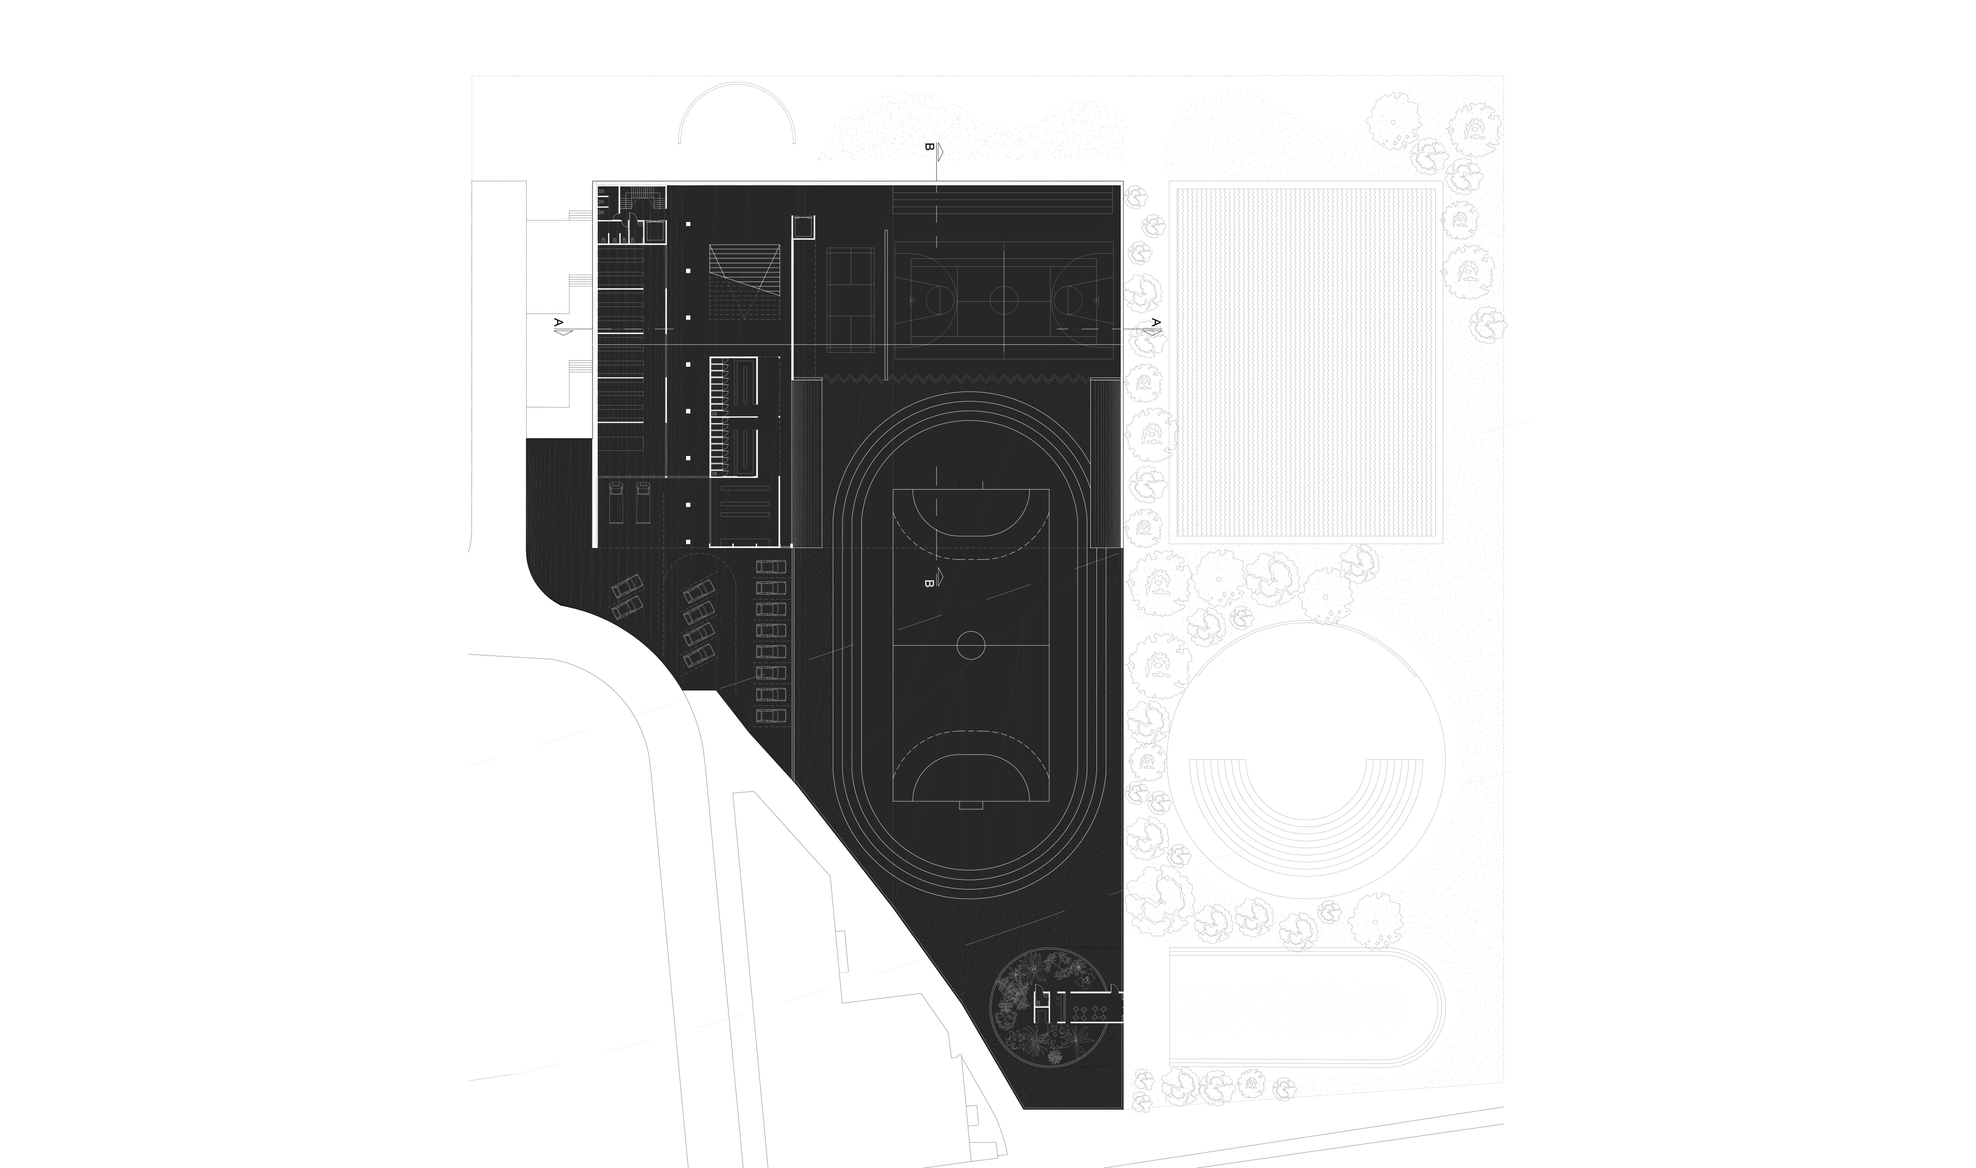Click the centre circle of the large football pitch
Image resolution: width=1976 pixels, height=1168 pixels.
pos(971,645)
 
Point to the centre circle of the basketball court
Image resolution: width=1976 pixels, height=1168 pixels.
pos(1004,301)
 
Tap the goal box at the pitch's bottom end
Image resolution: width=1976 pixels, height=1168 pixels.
pos(971,805)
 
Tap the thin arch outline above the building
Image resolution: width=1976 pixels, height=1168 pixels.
pos(737,110)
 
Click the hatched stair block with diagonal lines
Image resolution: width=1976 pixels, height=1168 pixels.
pos(744,281)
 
